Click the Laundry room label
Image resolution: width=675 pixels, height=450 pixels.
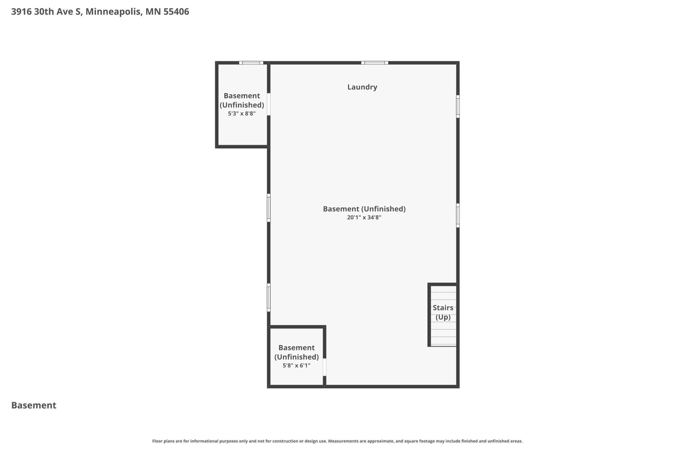362,87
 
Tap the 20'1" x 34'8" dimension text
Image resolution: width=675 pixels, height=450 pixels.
364,218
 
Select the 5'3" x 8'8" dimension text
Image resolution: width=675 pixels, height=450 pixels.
242,114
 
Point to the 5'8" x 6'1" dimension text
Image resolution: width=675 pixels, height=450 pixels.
296,366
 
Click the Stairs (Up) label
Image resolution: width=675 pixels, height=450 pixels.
443,312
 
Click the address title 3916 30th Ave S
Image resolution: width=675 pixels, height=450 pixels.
47,12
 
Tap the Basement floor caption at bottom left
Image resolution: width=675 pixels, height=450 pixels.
34,405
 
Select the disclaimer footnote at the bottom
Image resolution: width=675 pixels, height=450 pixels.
337,441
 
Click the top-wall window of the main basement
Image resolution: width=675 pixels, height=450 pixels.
374,63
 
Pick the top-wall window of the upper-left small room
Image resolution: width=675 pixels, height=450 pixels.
251,63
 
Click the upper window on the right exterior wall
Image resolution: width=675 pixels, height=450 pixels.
458,106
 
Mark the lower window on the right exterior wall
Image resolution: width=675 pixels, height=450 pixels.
458,215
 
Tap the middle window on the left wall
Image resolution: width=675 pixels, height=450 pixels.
269,208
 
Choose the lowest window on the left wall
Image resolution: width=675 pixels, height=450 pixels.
269,297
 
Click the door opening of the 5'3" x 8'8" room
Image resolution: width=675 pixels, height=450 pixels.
269,104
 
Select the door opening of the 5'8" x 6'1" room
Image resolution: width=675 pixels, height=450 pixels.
325,367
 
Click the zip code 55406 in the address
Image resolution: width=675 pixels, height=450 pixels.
176,12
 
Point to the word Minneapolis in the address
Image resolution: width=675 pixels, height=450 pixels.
113,12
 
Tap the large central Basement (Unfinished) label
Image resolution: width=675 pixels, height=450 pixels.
364,209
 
